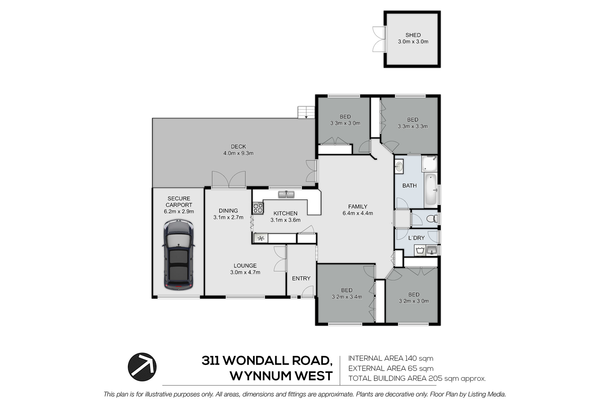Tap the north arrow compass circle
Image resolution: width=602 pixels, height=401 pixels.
tap(142, 367)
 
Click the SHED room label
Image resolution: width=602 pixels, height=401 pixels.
tap(413, 35)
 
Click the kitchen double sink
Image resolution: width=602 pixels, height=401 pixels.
tap(286, 195)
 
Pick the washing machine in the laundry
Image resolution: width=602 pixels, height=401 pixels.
tap(420, 250)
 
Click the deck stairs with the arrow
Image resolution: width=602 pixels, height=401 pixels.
tap(306, 112)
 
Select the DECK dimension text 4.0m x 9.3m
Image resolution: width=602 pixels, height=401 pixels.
tap(238, 153)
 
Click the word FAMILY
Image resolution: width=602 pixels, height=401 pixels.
tap(358, 206)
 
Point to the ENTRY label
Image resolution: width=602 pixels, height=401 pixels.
tap(301, 278)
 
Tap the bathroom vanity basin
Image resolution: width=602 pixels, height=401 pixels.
tap(399, 166)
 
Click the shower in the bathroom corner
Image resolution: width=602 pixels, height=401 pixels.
tap(430, 164)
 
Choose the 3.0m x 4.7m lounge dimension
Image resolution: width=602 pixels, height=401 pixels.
tap(245, 272)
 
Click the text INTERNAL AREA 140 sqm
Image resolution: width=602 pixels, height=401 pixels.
tap(391, 358)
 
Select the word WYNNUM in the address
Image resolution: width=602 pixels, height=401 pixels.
tap(259, 376)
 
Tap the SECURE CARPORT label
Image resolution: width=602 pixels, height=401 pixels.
tap(179, 202)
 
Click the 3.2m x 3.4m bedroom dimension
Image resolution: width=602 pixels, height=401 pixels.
tap(347, 297)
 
